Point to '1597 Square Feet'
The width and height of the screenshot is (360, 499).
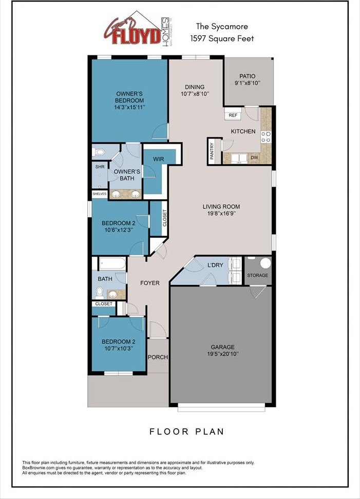(222, 38)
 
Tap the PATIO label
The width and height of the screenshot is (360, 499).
(247, 76)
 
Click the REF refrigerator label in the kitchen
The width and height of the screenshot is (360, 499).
(233, 116)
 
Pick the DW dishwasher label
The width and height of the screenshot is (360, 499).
(255, 158)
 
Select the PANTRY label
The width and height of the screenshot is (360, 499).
(212, 152)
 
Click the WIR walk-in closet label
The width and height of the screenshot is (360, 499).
(158, 159)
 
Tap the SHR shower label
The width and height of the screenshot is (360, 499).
(99, 167)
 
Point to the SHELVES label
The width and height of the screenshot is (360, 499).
(99, 194)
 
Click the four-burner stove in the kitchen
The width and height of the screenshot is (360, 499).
(266, 136)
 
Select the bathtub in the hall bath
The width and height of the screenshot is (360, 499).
(112, 264)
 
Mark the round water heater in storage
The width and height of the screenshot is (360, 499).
(265, 264)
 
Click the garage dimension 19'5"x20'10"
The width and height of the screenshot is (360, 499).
(220, 354)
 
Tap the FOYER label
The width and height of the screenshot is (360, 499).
(150, 283)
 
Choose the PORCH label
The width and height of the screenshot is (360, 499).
(158, 357)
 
